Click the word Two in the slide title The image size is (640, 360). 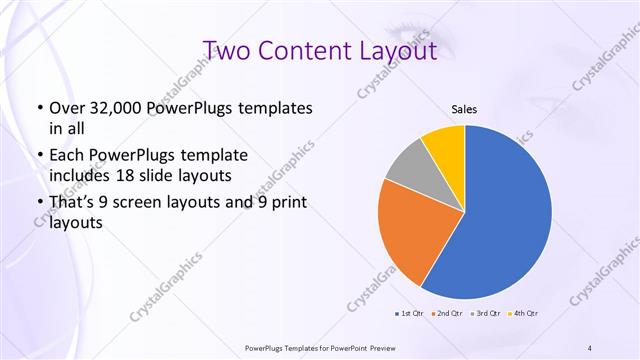coord(230,50)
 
